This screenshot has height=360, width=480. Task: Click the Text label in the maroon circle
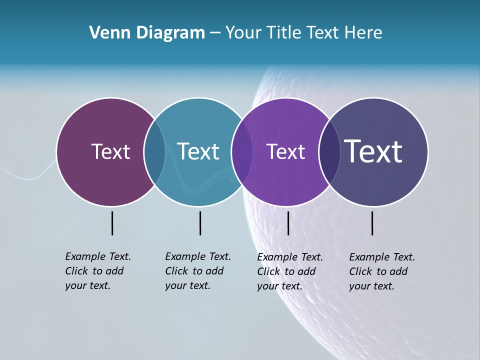(x=110, y=151)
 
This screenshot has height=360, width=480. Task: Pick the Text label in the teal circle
(x=198, y=151)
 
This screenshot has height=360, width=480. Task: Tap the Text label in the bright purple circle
(x=285, y=151)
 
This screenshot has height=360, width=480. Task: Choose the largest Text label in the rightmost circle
(x=373, y=151)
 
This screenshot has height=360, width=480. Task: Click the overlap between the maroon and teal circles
(x=154, y=151)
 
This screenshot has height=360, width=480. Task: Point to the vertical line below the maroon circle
(x=112, y=223)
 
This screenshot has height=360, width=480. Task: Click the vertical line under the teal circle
(x=200, y=223)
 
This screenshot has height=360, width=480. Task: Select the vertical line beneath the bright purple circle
(x=288, y=223)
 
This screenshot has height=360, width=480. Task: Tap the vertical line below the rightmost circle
(x=372, y=223)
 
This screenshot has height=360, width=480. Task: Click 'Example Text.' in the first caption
(x=98, y=256)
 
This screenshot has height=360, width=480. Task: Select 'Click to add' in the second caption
(x=194, y=271)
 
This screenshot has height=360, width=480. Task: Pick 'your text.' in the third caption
(x=279, y=286)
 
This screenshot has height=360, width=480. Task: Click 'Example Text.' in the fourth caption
(x=382, y=257)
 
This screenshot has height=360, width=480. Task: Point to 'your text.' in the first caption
(x=87, y=285)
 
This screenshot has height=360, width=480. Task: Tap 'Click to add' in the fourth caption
(x=378, y=271)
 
